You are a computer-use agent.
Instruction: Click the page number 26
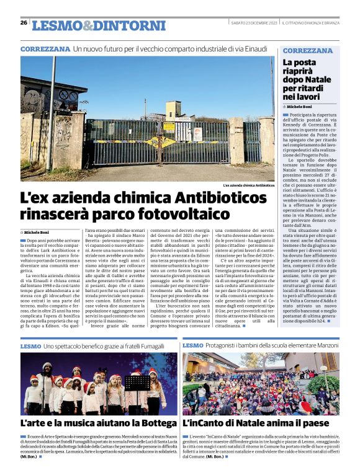pyautogui.click(x=24, y=22)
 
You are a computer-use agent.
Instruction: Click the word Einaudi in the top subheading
pyautogui.click(x=255, y=48)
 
